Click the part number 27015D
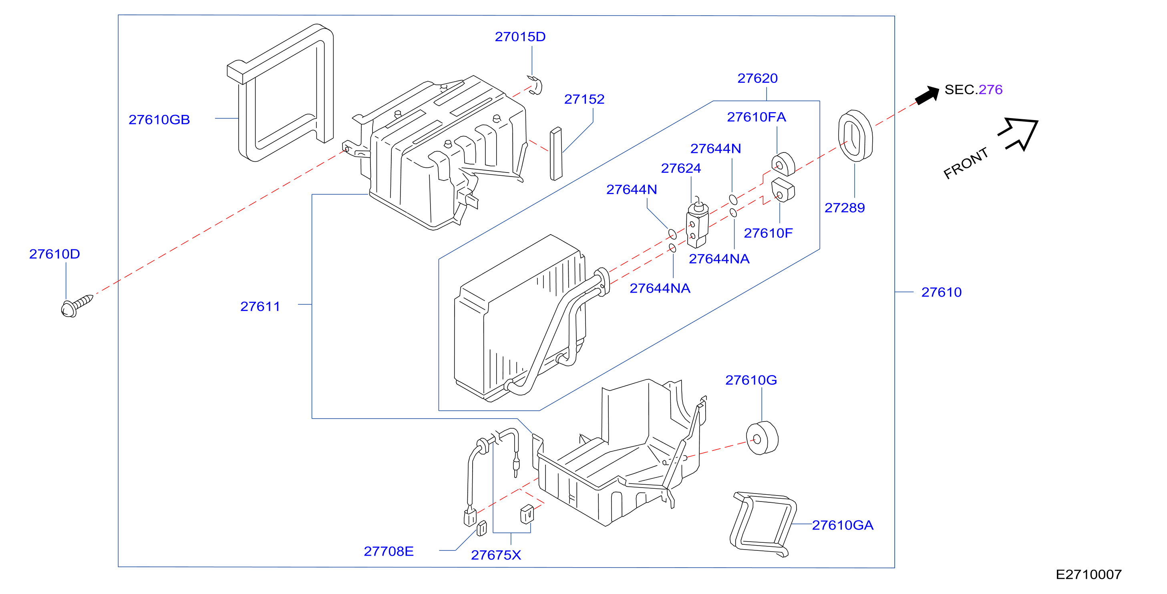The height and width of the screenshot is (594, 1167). [520, 37]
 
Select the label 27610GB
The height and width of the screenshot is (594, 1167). [159, 120]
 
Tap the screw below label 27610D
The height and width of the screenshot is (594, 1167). [76, 306]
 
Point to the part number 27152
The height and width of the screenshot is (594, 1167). [584, 99]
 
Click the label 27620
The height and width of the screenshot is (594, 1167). [757, 78]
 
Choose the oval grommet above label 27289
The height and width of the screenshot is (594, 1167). [855, 136]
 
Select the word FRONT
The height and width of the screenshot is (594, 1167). [966, 163]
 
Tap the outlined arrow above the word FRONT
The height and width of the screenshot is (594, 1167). [1019, 134]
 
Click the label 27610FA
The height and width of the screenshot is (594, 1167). [756, 117]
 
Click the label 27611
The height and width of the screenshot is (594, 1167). [260, 307]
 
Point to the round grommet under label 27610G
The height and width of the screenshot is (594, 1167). [762, 438]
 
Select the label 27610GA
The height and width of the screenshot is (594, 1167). [843, 525]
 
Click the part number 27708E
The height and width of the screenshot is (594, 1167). [389, 552]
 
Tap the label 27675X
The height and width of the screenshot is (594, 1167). [496, 555]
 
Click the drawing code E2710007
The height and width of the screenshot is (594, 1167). [1089, 574]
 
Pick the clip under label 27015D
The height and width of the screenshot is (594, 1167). [535, 85]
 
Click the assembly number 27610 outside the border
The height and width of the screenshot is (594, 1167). [942, 293]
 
